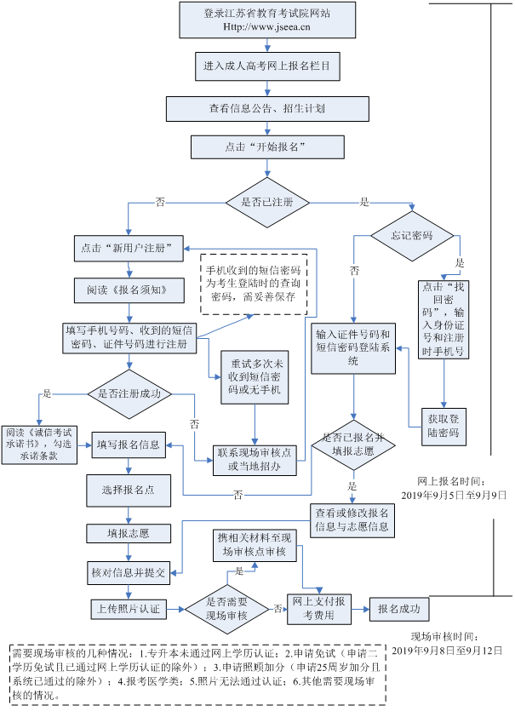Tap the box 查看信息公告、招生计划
(x=266, y=110)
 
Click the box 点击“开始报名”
(x=266, y=147)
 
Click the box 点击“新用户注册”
(x=129, y=249)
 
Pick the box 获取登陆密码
(x=443, y=426)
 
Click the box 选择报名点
(x=129, y=490)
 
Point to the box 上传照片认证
(x=128, y=609)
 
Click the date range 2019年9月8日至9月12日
(x=448, y=651)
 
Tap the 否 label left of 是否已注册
(x=160, y=202)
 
